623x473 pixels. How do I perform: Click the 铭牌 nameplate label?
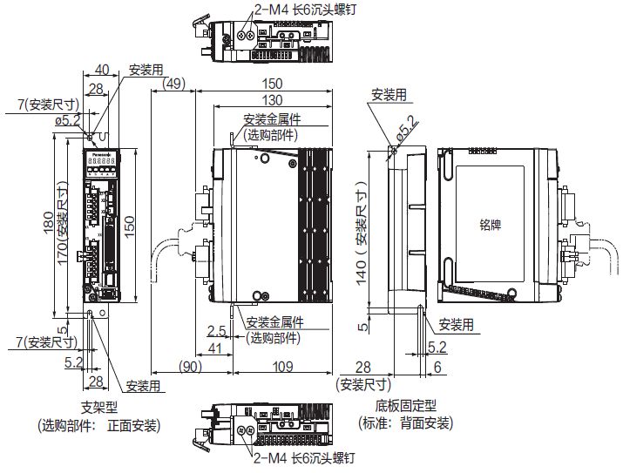click(491, 224)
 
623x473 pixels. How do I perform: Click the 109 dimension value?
click(276, 368)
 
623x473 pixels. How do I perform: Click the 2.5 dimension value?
click(216, 332)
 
